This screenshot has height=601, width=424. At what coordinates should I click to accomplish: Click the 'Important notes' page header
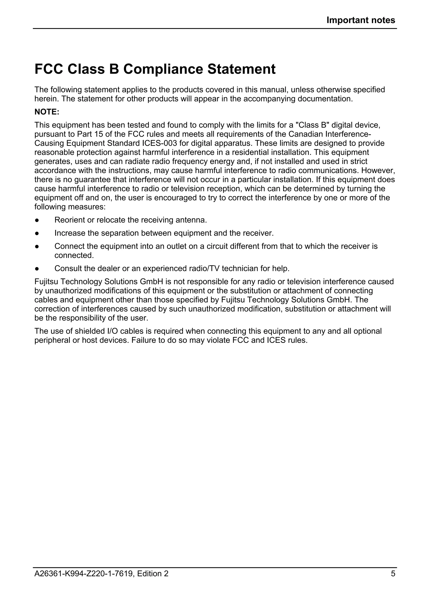(361, 20)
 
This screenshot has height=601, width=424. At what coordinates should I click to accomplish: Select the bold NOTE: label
(47, 112)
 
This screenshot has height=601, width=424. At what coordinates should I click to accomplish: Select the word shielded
(90, 331)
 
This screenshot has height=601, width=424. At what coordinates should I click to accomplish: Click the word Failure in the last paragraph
(145, 341)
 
